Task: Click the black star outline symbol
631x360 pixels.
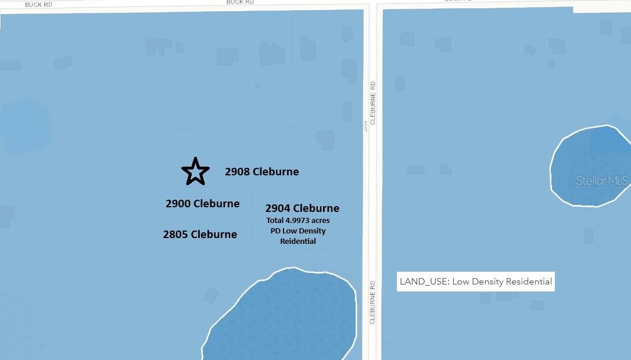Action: click(195, 171)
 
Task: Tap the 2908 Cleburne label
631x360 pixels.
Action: click(261, 172)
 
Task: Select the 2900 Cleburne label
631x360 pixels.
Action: click(202, 204)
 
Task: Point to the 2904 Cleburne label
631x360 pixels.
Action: click(302, 208)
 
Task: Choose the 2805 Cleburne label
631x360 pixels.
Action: click(200, 235)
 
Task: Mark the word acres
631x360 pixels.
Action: click(320, 221)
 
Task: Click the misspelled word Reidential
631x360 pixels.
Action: click(298, 241)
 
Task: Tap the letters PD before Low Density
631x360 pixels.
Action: click(276, 231)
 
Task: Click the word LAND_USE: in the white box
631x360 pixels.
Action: click(425, 282)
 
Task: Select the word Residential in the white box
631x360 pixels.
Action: click(529, 282)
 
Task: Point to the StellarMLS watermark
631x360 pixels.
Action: click(602, 181)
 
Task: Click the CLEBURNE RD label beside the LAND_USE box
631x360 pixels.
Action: click(372, 303)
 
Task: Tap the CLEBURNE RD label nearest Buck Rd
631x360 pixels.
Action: click(373, 103)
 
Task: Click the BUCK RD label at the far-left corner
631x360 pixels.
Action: click(38, 4)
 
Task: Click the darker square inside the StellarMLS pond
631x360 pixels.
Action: click(608, 141)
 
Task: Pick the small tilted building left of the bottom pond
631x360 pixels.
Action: click(211, 295)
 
